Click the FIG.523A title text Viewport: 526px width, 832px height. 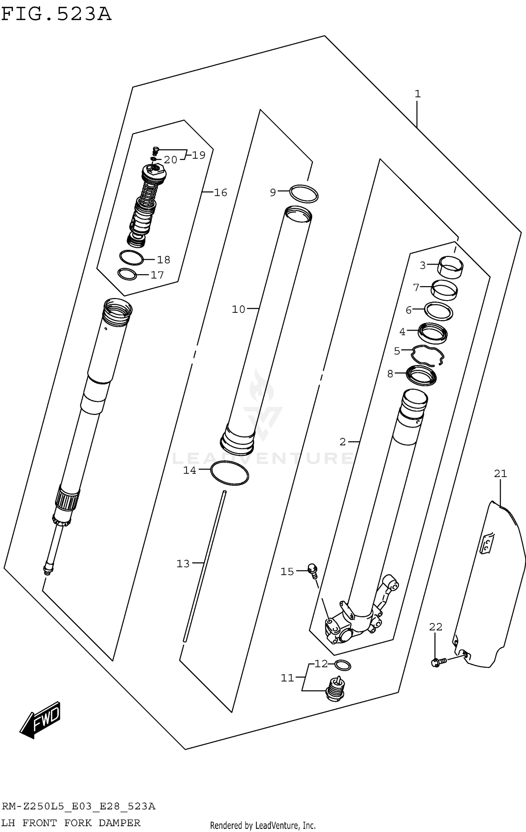56,14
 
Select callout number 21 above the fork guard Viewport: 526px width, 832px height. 500,474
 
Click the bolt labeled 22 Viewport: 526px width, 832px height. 438,662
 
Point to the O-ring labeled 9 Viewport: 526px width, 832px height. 304,193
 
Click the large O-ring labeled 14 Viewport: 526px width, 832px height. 230,473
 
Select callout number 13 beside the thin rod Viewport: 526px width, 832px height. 183,563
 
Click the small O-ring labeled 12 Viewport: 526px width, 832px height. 342,665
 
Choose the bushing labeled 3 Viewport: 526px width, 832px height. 450,268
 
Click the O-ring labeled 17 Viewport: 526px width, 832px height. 127,274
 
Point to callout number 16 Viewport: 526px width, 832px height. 221,192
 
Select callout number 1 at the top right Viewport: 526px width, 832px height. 417,94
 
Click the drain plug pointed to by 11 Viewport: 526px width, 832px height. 336,690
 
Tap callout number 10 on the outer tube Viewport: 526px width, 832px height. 238,309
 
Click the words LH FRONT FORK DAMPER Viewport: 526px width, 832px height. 70,823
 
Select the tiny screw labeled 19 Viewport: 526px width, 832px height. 156,150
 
